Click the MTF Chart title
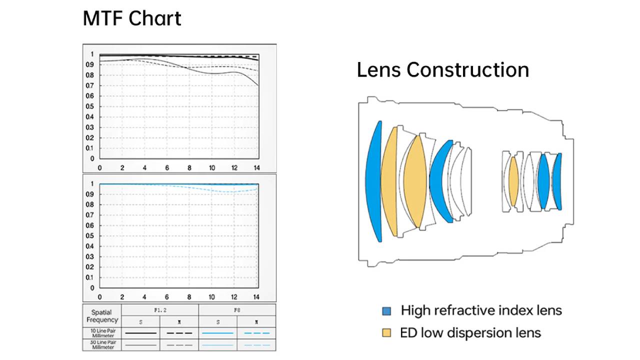(131, 19)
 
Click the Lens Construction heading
(442, 69)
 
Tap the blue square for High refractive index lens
(386, 311)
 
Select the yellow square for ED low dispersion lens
(386, 332)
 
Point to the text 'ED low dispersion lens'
(470, 332)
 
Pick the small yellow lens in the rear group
(513, 181)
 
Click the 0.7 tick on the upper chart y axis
(89, 85)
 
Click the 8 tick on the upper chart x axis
(189, 168)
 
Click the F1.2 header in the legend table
(160, 310)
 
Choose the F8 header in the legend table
(237, 310)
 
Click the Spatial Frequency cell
(102, 316)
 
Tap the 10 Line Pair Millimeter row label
(102, 333)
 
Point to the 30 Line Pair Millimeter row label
(102, 344)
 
